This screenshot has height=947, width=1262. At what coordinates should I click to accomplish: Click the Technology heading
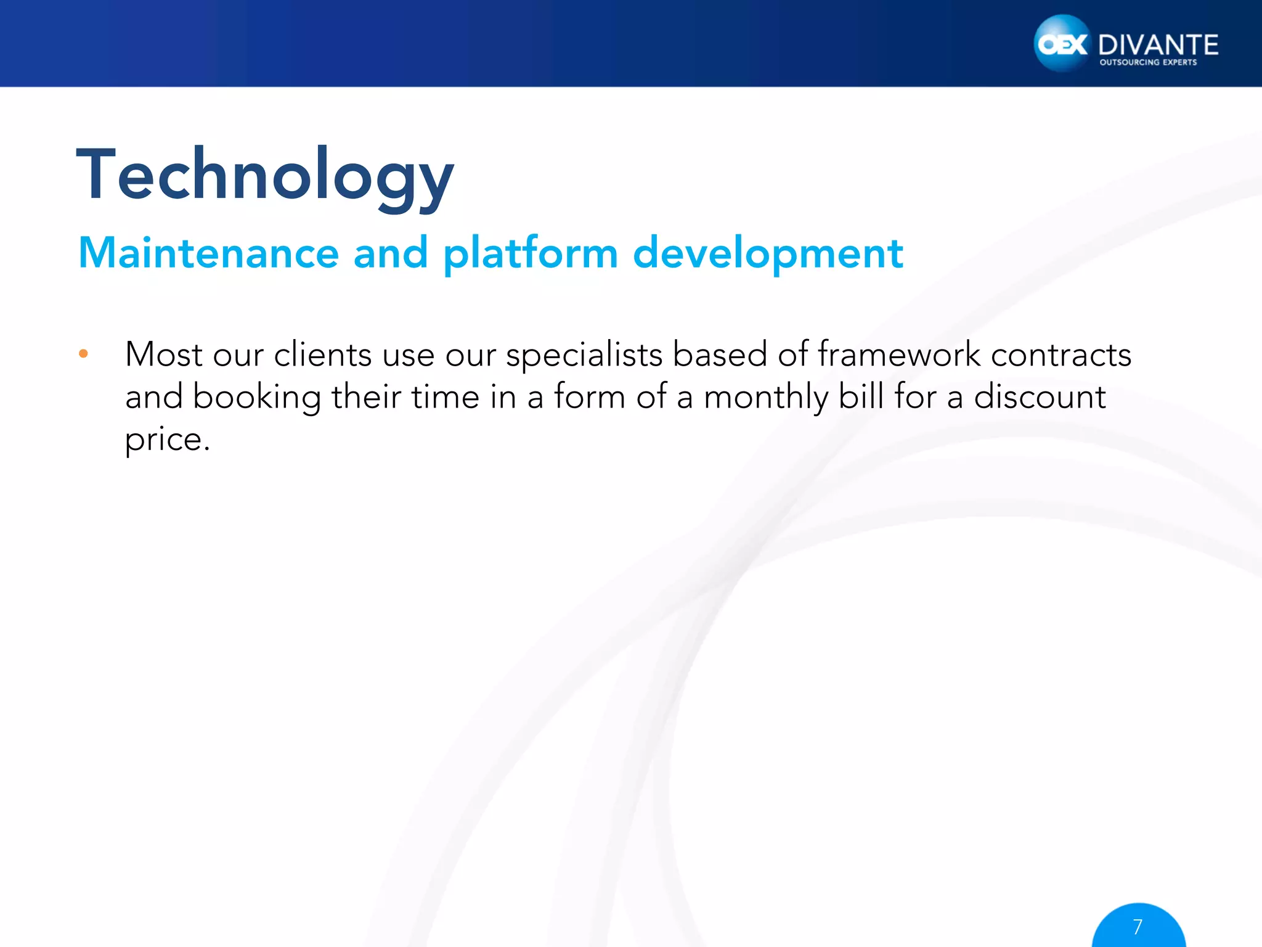tap(265, 176)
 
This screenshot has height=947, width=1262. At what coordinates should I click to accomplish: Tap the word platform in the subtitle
tap(530, 254)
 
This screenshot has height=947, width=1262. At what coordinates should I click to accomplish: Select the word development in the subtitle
tap(767, 254)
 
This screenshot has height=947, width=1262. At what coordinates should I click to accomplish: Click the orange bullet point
tap(84, 354)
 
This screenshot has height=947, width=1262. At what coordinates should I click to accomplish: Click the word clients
tap(322, 355)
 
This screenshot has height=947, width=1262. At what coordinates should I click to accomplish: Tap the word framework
tap(898, 355)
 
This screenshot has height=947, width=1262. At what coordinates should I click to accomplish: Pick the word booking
tap(256, 398)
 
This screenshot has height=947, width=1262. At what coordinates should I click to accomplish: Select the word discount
tap(1040, 396)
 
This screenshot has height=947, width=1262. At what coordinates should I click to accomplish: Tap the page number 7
tap(1138, 927)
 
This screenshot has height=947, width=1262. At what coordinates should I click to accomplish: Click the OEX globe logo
tap(1062, 44)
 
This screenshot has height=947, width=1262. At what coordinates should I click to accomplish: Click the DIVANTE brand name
tap(1158, 45)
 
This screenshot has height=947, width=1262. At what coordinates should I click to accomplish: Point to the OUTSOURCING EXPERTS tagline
tap(1148, 62)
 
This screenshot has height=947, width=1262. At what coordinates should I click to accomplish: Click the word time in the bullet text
tap(446, 396)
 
